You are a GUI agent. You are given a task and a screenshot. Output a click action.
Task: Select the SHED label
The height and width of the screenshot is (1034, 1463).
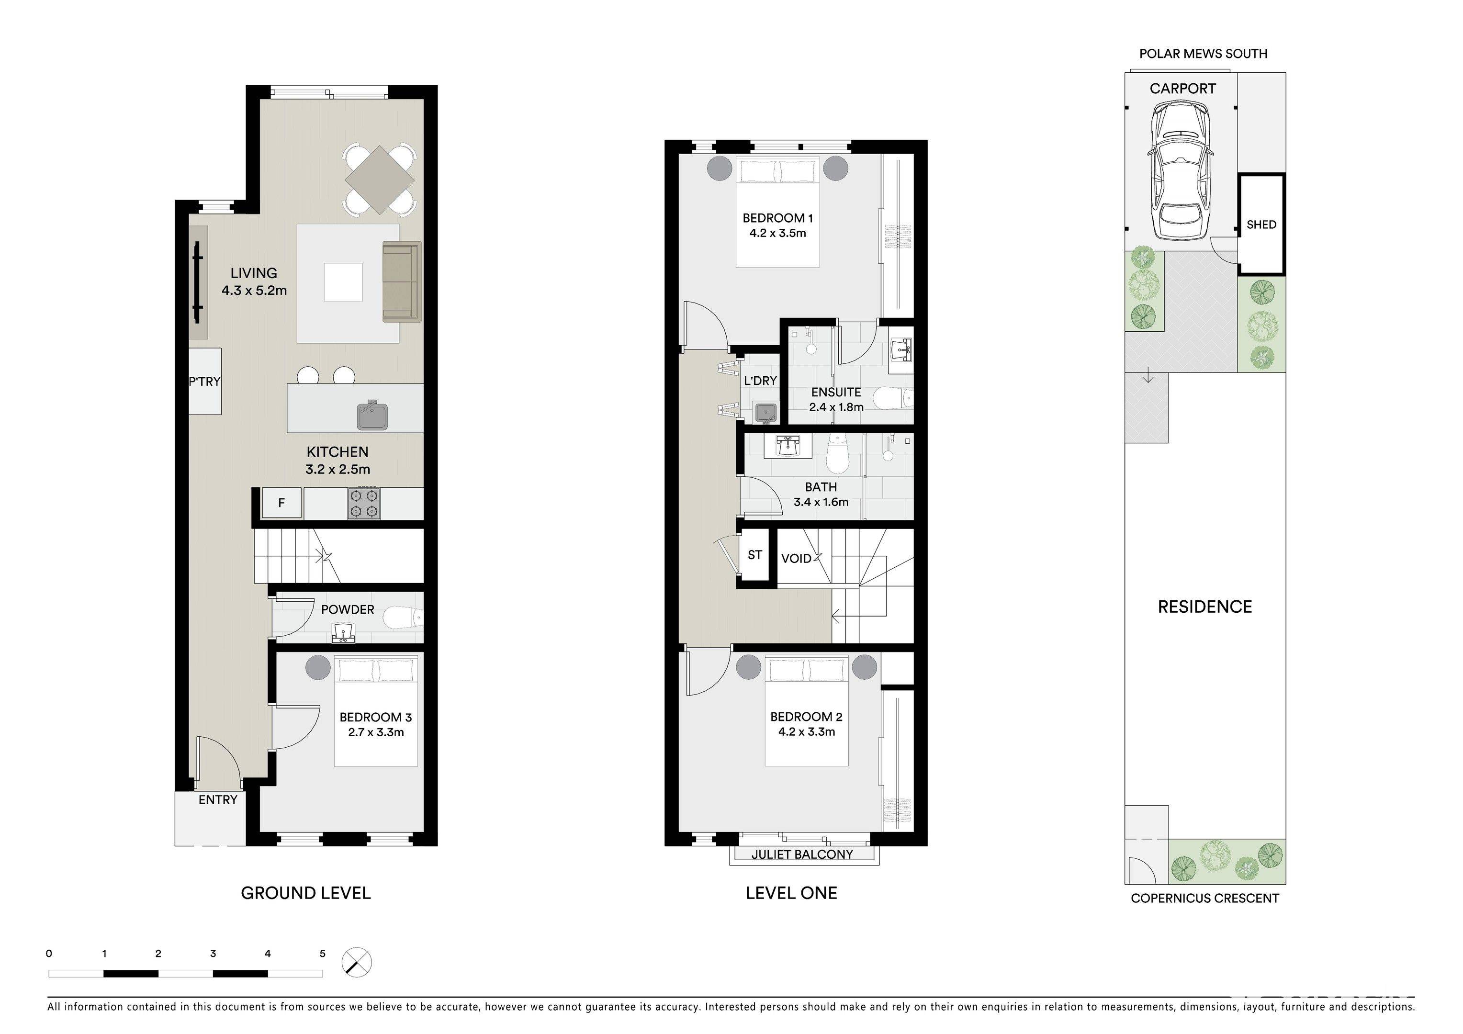click(x=1261, y=224)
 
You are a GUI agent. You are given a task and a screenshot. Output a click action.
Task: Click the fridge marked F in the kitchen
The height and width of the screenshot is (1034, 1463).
click(x=281, y=503)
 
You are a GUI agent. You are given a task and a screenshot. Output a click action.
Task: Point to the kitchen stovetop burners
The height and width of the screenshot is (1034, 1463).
click(x=364, y=503)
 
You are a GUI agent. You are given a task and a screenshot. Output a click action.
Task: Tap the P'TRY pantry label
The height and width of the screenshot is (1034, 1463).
click(x=204, y=381)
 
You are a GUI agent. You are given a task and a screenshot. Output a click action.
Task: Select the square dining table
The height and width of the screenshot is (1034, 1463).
click(x=379, y=180)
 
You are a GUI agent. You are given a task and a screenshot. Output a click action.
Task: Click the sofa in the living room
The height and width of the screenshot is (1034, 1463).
click(x=402, y=281)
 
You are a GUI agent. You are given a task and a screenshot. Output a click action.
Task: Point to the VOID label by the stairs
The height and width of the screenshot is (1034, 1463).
click(x=796, y=559)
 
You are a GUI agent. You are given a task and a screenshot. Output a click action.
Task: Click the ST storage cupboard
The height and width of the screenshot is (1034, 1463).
click(x=755, y=555)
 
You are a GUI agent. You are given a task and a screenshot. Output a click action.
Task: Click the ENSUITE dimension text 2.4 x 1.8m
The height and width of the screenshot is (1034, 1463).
click(x=836, y=407)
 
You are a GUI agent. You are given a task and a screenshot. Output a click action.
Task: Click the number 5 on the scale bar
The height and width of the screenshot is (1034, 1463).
click(x=322, y=954)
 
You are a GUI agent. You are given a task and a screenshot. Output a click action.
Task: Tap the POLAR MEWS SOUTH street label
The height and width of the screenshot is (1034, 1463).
click(x=1203, y=54)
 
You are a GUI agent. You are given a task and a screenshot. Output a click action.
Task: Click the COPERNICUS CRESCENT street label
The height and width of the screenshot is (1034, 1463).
click(x=1204, y=899)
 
